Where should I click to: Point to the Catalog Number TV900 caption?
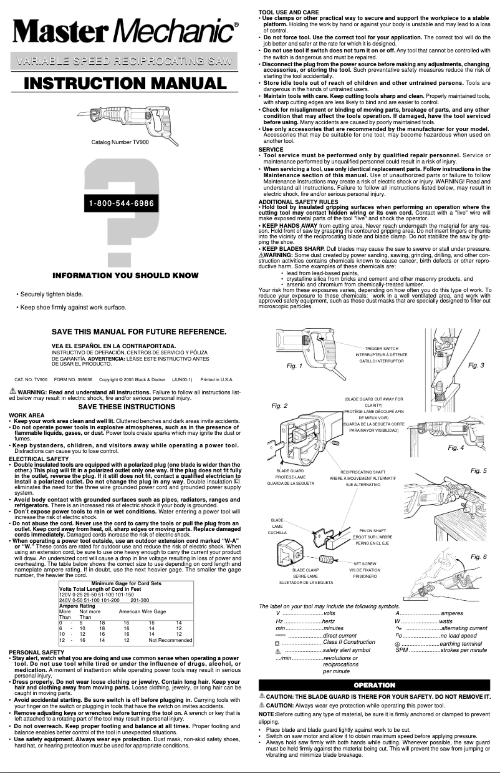pos(120,143)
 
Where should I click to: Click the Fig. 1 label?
pos(294,366)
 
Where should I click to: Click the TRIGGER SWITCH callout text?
pos(382,348)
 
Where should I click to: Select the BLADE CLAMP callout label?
pos(305,570)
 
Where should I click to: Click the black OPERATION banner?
pos(375,685)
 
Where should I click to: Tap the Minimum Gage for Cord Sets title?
pos(127,583)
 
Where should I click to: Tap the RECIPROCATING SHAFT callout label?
pos(363,472)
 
